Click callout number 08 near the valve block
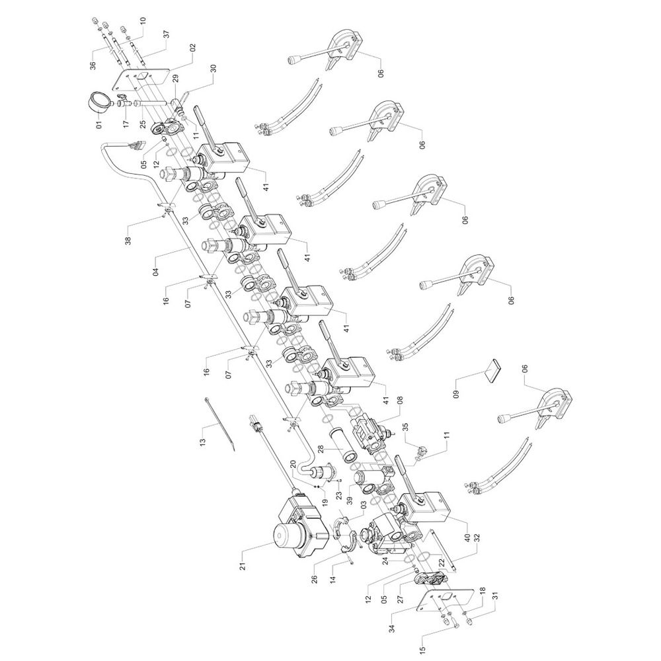coord(399,401)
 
